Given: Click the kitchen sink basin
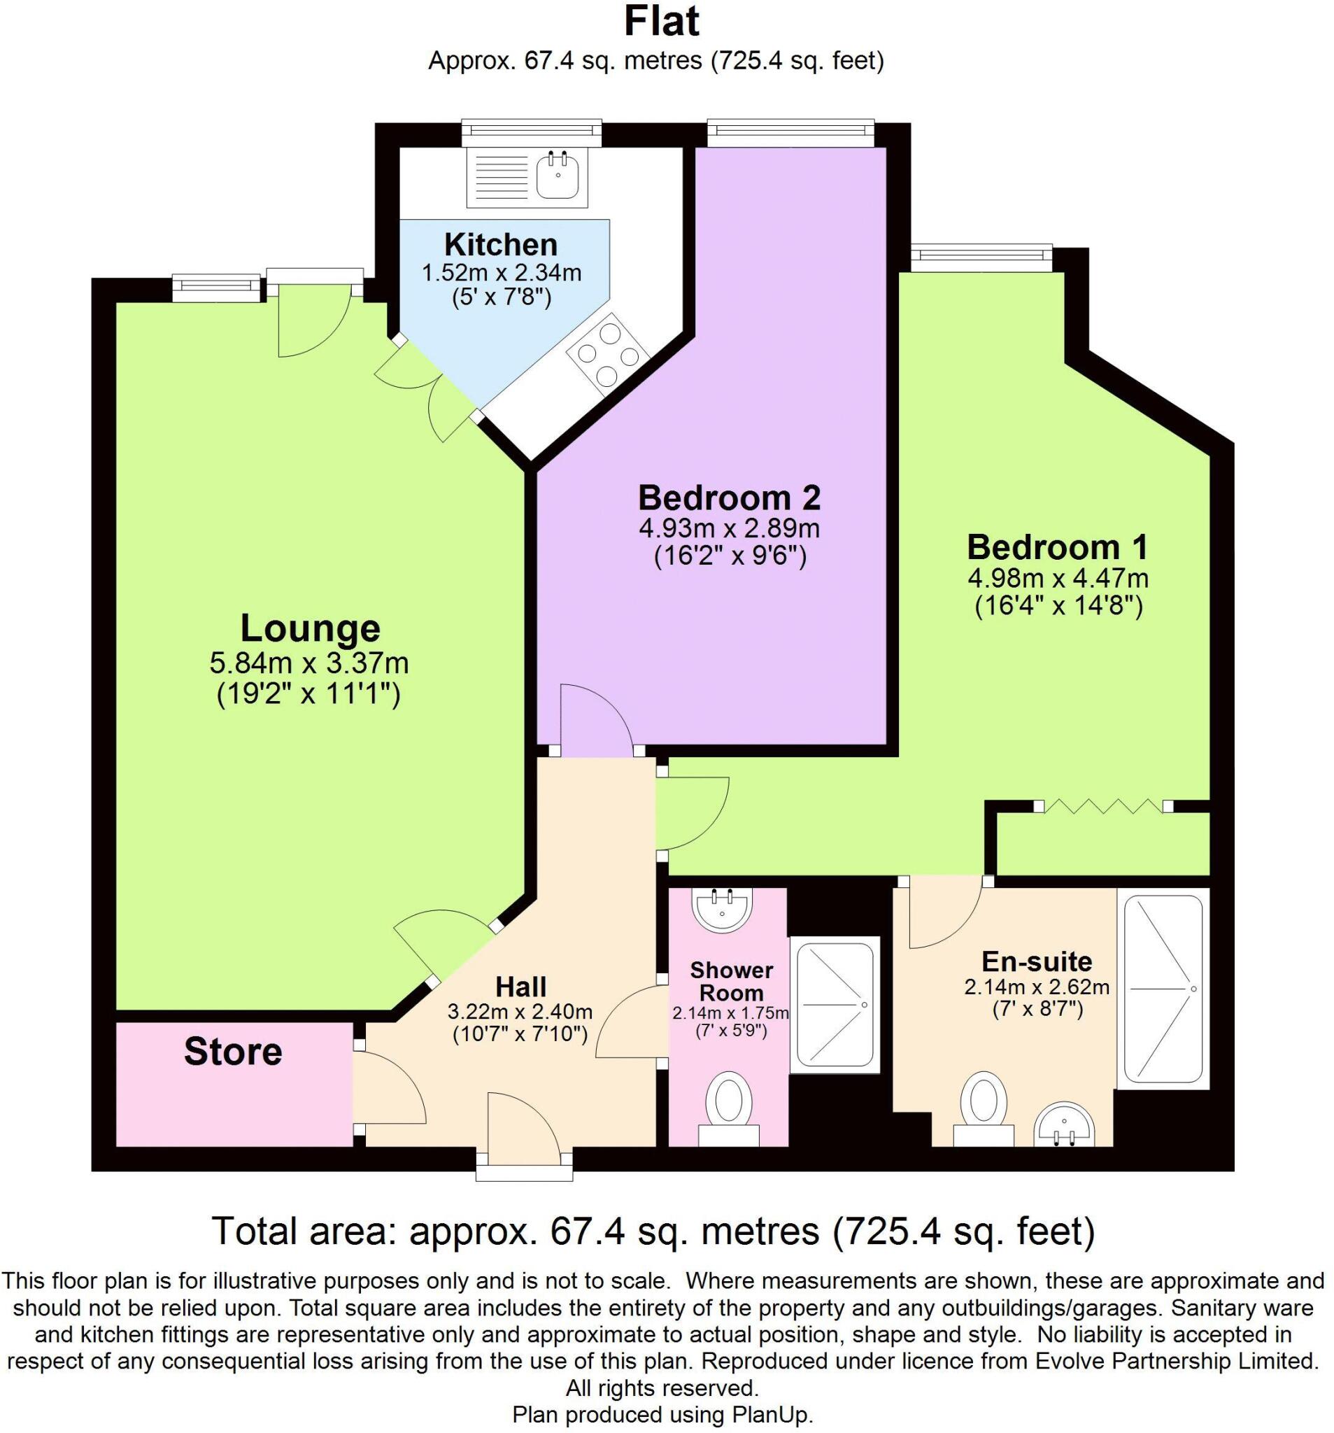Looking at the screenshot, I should [x=556, y=176].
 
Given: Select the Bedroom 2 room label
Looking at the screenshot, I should [x=729, y=498].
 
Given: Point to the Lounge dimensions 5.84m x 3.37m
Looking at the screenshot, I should [x=309, y=661].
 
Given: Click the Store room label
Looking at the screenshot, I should [x=232, y=1052].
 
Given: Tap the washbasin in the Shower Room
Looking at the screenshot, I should [x=722, y=910].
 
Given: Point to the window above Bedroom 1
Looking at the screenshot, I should [x=981, y=257].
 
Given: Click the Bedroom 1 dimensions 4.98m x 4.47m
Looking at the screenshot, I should [x=1057, y=578].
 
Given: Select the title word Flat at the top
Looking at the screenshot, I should [x=661, y=22].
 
